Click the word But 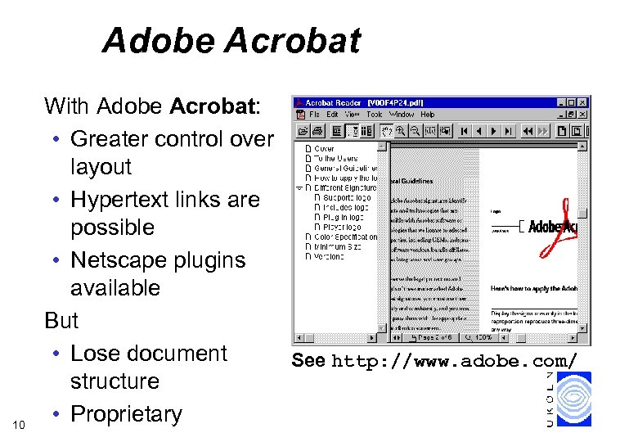click(61, 320)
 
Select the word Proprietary click(127, 414)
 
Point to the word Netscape click(118, 260)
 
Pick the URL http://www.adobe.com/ click(456, 360)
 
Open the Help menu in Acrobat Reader click(428, 115)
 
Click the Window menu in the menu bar click(402, 115)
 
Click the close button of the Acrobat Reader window click(582, 103)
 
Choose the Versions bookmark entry click(328, 256)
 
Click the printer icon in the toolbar click(317, 130)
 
